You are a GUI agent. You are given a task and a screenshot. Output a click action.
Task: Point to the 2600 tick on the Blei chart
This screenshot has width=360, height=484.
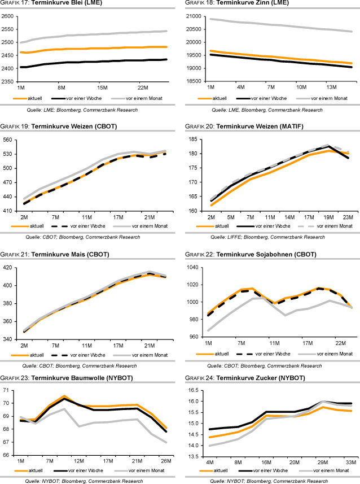[8, 17]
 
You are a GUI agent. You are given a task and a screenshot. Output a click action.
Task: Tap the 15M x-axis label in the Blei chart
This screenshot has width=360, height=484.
[102, 88]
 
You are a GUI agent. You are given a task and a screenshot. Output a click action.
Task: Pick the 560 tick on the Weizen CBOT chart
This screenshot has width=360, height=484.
[10, 139]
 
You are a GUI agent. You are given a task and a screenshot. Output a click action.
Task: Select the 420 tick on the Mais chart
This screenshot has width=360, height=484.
[10, 267]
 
